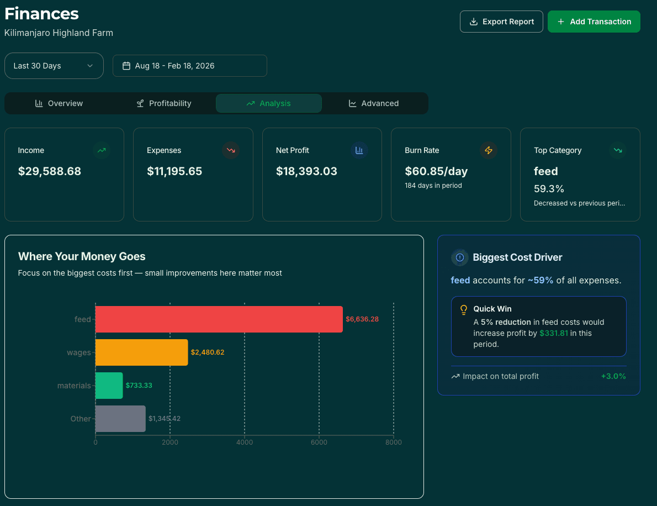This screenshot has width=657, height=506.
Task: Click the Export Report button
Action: click(x=501, y=22)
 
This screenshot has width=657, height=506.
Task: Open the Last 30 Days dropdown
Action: click(x=54, y=66)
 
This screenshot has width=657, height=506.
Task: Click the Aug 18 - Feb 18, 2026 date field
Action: click(x=189, y=66)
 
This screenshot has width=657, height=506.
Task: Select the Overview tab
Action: click(x=59, y=103)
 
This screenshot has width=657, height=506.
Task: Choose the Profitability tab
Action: click(x=164, y=103)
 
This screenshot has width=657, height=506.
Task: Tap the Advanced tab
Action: click(x=374, y=103)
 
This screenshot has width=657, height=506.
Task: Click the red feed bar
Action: click(x=219, y=319)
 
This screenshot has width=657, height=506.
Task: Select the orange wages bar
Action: click(x=141, y=352)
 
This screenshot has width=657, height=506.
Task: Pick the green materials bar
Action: click(x=109, y=386)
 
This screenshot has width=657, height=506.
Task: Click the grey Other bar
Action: click(x=120, y=419)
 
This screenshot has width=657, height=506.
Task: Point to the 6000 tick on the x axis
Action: click(x=319, y=442)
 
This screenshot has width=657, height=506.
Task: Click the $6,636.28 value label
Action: click(x=362, y=319)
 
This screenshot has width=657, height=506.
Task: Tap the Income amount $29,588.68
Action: click(x=50, y=171)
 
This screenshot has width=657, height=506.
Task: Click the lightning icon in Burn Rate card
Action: click(x=488, y=150)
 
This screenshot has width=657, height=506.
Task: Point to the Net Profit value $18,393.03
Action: click(x=306, y=171)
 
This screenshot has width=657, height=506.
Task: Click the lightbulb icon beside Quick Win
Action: click(x=464, y=309)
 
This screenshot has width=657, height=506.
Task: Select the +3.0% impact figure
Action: click(x=613, y=376)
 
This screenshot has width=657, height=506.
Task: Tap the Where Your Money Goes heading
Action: click(x=82, y=256)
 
